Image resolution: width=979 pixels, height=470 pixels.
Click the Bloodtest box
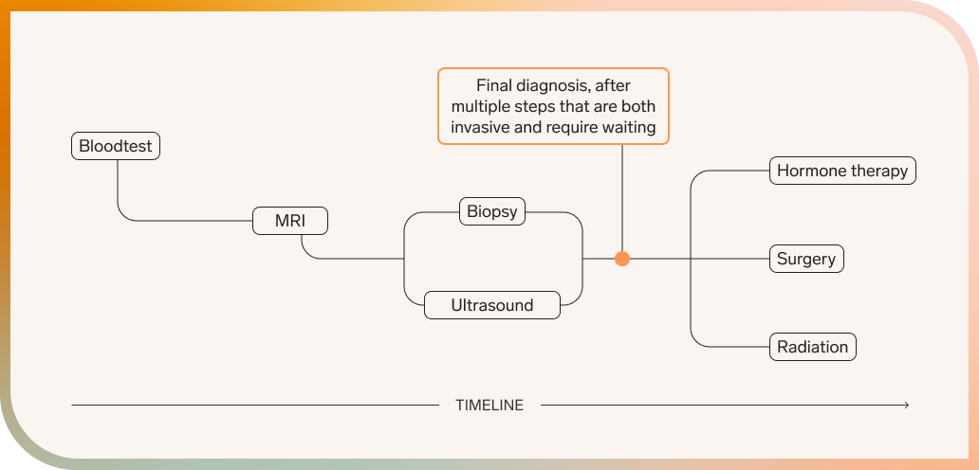point(116,147)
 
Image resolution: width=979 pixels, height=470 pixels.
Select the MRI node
point(290,222)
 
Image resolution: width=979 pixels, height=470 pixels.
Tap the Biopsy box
point(492,211)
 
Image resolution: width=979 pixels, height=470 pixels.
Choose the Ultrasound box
point(491,305)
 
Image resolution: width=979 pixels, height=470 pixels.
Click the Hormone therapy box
point(841,172)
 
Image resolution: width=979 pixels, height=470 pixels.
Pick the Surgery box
point(805,259)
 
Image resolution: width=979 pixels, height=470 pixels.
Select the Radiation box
point(812,346)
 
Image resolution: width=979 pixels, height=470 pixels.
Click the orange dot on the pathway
point(622,259)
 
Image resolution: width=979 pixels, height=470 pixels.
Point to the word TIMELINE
point(489,406)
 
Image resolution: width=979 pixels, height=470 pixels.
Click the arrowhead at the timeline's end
point(906,406)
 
